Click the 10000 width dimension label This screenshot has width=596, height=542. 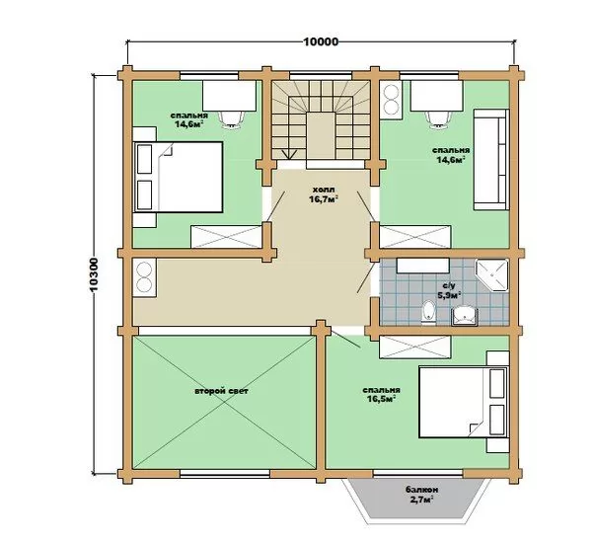click(321, 41)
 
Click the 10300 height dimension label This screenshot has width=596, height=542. click(94, 275)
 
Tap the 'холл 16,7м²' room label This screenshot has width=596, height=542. click(324, 194)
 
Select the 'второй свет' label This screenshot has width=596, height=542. click(221, 391)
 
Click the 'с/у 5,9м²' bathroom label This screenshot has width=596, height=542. click(449, 290)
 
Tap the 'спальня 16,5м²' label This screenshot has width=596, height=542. click(381, 395)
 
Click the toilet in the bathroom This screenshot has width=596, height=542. click(429, 312)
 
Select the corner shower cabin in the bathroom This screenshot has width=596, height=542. click(492, 275)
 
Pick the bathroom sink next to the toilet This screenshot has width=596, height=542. click(464, 316)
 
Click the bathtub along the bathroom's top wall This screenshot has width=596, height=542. click(423, 266)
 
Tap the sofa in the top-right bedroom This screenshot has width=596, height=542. click(490, 160)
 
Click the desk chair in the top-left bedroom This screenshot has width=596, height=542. click(232, 119)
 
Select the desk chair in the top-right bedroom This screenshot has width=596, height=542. click(438, 118)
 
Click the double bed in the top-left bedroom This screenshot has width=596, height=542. click(178, 178)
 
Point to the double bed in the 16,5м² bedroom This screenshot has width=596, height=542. click(464, 402)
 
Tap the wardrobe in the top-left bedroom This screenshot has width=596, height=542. click(227, 237)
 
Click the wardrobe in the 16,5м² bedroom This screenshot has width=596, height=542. click(415, 347)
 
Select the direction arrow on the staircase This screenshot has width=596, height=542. click(290, 154)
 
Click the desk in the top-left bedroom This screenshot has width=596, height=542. click(229, 96)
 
